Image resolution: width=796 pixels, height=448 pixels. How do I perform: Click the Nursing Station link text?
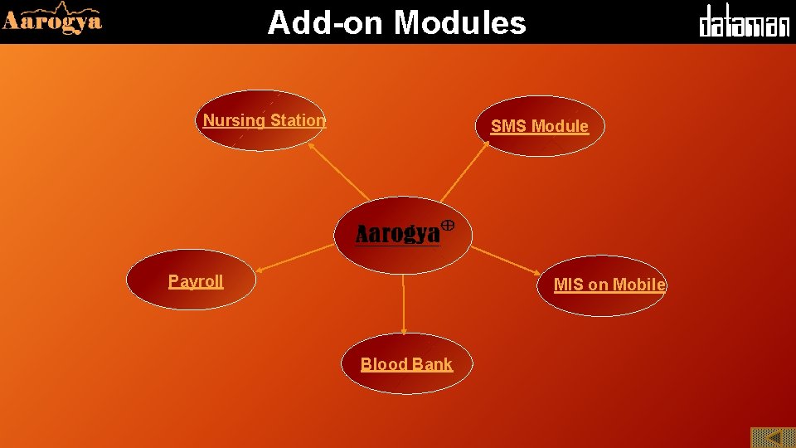[265, 120]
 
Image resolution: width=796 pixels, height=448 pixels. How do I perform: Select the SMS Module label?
[539, 126]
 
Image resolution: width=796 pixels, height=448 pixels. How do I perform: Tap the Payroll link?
[196, 281]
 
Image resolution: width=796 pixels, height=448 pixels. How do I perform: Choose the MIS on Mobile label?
[609, 285]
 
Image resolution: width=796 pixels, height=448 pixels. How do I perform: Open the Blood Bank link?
[406, 364]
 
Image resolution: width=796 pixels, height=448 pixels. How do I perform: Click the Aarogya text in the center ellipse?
[397, 235]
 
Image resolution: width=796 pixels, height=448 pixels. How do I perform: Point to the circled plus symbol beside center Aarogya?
[446, 225]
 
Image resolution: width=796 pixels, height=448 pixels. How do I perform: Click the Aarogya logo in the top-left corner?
[51, 20]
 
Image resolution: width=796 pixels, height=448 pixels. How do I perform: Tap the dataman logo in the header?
[744, 22]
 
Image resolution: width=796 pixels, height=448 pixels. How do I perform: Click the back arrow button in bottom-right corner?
[772, 437]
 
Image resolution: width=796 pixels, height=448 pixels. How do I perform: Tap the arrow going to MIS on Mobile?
[506, 260]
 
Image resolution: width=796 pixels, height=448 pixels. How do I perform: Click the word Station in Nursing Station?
[298, 120]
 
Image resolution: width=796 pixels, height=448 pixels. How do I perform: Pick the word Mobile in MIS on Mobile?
[638, 285]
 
